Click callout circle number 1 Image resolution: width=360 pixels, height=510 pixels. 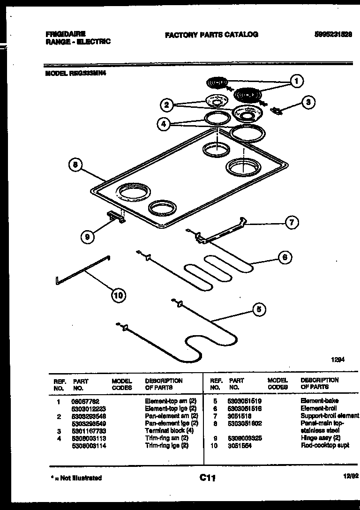tap(296, 81)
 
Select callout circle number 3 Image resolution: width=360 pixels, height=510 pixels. tap(307, 102)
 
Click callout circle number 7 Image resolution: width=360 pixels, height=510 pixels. tap(292, 223)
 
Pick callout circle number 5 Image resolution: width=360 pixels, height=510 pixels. tap(258, 309)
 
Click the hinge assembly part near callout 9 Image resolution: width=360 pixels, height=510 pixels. tap(116, 217)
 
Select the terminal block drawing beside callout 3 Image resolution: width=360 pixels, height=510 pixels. tap(278, 111)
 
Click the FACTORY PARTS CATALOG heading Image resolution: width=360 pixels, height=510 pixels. tap(211, 35)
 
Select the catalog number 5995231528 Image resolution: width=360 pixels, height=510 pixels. tap(333, 34)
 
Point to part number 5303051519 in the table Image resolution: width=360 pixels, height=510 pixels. tap(244, 401)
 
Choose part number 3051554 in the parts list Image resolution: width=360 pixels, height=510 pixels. tap(240, 446)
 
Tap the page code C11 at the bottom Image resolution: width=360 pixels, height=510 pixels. tap(207, 478)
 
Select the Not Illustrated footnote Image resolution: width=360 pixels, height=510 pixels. tap(76, 478)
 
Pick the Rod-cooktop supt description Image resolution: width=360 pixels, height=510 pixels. tap(325, 446)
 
